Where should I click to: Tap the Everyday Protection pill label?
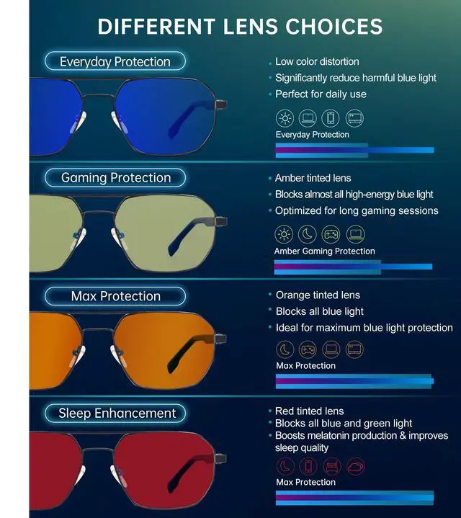pyautogui.click(x=115, y=62)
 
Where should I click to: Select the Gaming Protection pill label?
pyautogui.click(x=115, y=178)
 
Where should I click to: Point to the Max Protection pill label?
pyautogui.click(x=115, y=296)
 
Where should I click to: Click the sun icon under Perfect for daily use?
pyautogui.click(x=285, y=118)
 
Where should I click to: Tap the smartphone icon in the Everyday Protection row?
pyautogui.click(x=331, y=118)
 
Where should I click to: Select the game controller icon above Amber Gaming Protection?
pyautogui.click(x=331, y=234)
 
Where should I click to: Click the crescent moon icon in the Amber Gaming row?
pyautogui.click(x=308, y=234)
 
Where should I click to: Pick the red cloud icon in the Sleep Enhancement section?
pyautogui.click(x=354, y=466)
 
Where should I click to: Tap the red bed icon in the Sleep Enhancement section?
pyautogui.click(x=331, y=466)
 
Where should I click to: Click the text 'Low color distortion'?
pyautogui.click(x=317, y=62)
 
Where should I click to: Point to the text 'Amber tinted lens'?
pyautogui.click(x=313, y=178)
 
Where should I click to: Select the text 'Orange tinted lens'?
pyautogui.click(x=318, y=295)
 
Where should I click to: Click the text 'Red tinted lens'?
pyautogui.click(x=310, y=411)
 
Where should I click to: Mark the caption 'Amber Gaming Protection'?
pyautogui.click(x=324, y=251)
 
